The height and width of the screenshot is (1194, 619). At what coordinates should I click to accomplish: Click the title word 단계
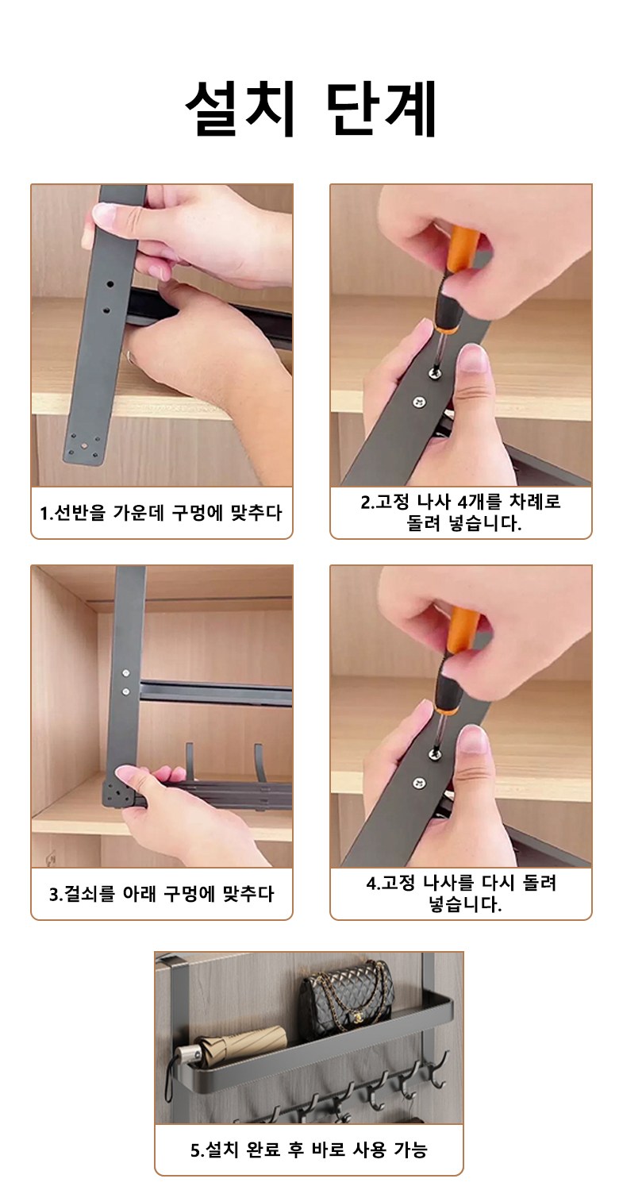coord(380,109)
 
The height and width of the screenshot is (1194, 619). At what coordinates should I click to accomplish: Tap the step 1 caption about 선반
coord(161,513)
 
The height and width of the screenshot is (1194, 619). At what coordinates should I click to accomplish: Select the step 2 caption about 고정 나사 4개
coord(461,513)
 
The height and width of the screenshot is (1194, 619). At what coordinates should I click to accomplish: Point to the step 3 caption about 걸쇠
coord(161,894)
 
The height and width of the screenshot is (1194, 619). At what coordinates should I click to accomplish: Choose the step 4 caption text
coord(461,894)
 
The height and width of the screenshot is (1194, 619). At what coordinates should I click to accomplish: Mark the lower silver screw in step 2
coord(420,402)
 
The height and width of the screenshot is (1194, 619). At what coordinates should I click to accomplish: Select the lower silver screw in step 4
coord(420,783)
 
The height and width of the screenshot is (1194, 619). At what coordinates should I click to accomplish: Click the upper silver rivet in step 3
coord(126,673)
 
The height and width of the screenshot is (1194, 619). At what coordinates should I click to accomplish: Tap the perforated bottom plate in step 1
coord(83,448)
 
